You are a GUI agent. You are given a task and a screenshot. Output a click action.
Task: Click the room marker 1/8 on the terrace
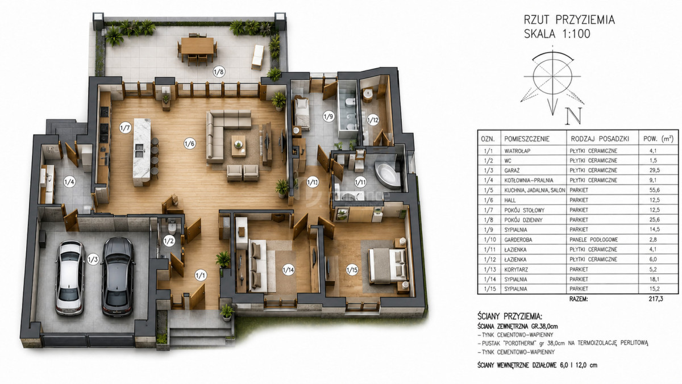[x=219, y=72]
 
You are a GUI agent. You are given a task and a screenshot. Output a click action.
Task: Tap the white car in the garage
[x=70, y=278]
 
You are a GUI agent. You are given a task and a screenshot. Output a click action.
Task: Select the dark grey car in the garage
[x=118, y=277]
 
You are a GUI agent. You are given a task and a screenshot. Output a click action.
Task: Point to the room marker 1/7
[x=125, y=128]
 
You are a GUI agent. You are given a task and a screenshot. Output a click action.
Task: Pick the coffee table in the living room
[x=239, y=146]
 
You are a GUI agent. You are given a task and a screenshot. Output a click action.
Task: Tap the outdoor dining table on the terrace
[x=197, y=45]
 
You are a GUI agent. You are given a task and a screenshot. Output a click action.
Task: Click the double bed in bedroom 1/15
[x=388, y=266]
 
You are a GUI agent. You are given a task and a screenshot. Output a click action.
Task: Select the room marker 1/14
[x=288, y=270]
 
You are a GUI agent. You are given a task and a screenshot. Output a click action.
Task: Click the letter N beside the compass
[x=573, y=116]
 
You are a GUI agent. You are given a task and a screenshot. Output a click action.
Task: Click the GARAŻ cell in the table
[x=512, y=170]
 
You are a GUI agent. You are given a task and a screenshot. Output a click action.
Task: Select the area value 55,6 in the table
[x=653, y=190]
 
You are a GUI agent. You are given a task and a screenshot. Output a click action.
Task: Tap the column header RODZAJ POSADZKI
[x=600, y=139]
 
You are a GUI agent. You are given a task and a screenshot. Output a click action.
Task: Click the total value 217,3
[x=656, y=299]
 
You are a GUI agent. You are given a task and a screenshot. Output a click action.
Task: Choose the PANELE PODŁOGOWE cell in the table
[x=594, y=240]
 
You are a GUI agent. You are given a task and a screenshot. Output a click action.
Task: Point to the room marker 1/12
[x=373, y=120]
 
